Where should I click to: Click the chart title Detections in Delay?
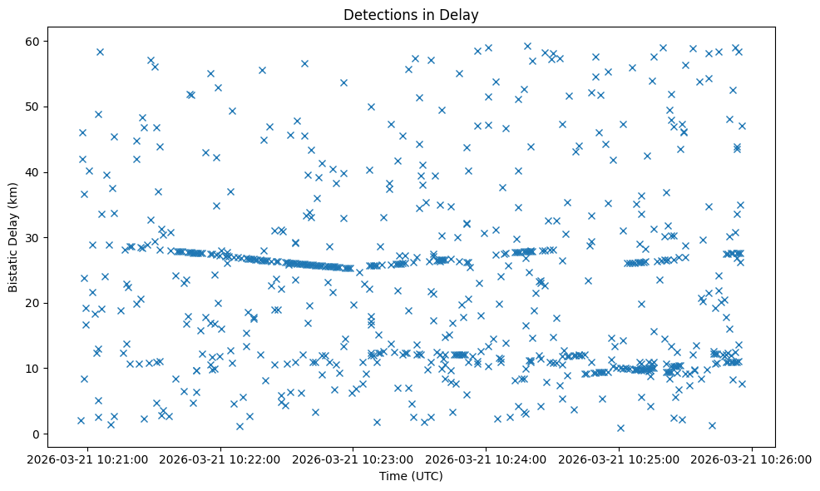coord(411,15)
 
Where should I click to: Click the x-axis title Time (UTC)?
coord(411,477)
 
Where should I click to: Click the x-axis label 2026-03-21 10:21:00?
coord(88,459)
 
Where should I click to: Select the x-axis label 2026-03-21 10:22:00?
coord(221,459)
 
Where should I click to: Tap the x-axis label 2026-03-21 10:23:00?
coord(354,459)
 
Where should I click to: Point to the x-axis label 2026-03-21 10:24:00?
coord(487,459)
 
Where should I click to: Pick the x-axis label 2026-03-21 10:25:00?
coord(620,459)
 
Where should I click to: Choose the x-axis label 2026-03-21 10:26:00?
coord(753,459)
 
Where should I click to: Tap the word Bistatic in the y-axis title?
coord(13,267)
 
